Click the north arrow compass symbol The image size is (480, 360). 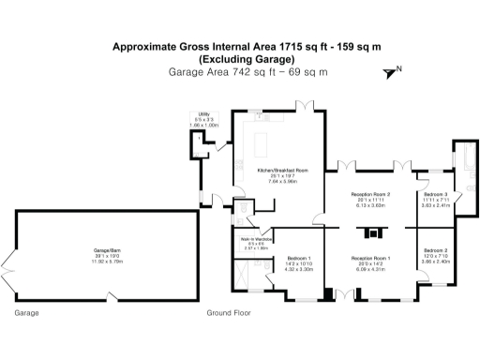(x=392, y=71)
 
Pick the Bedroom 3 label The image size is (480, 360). (x=434, y=197)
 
